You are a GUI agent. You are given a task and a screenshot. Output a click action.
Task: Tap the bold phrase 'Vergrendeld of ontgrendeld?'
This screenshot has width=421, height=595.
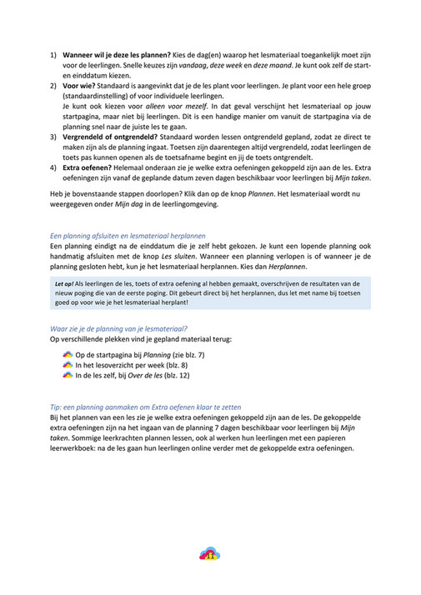pos(108,136)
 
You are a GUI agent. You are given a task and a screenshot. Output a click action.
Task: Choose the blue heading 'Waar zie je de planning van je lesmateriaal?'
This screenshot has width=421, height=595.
pos(118,329)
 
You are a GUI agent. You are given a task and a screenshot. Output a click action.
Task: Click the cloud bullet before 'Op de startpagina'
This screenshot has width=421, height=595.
pos(68,356)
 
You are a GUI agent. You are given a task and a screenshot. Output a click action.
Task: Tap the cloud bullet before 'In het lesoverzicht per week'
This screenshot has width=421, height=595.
pos(68,366)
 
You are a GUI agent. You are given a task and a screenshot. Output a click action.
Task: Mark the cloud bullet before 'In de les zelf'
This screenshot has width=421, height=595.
pos(68,376)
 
